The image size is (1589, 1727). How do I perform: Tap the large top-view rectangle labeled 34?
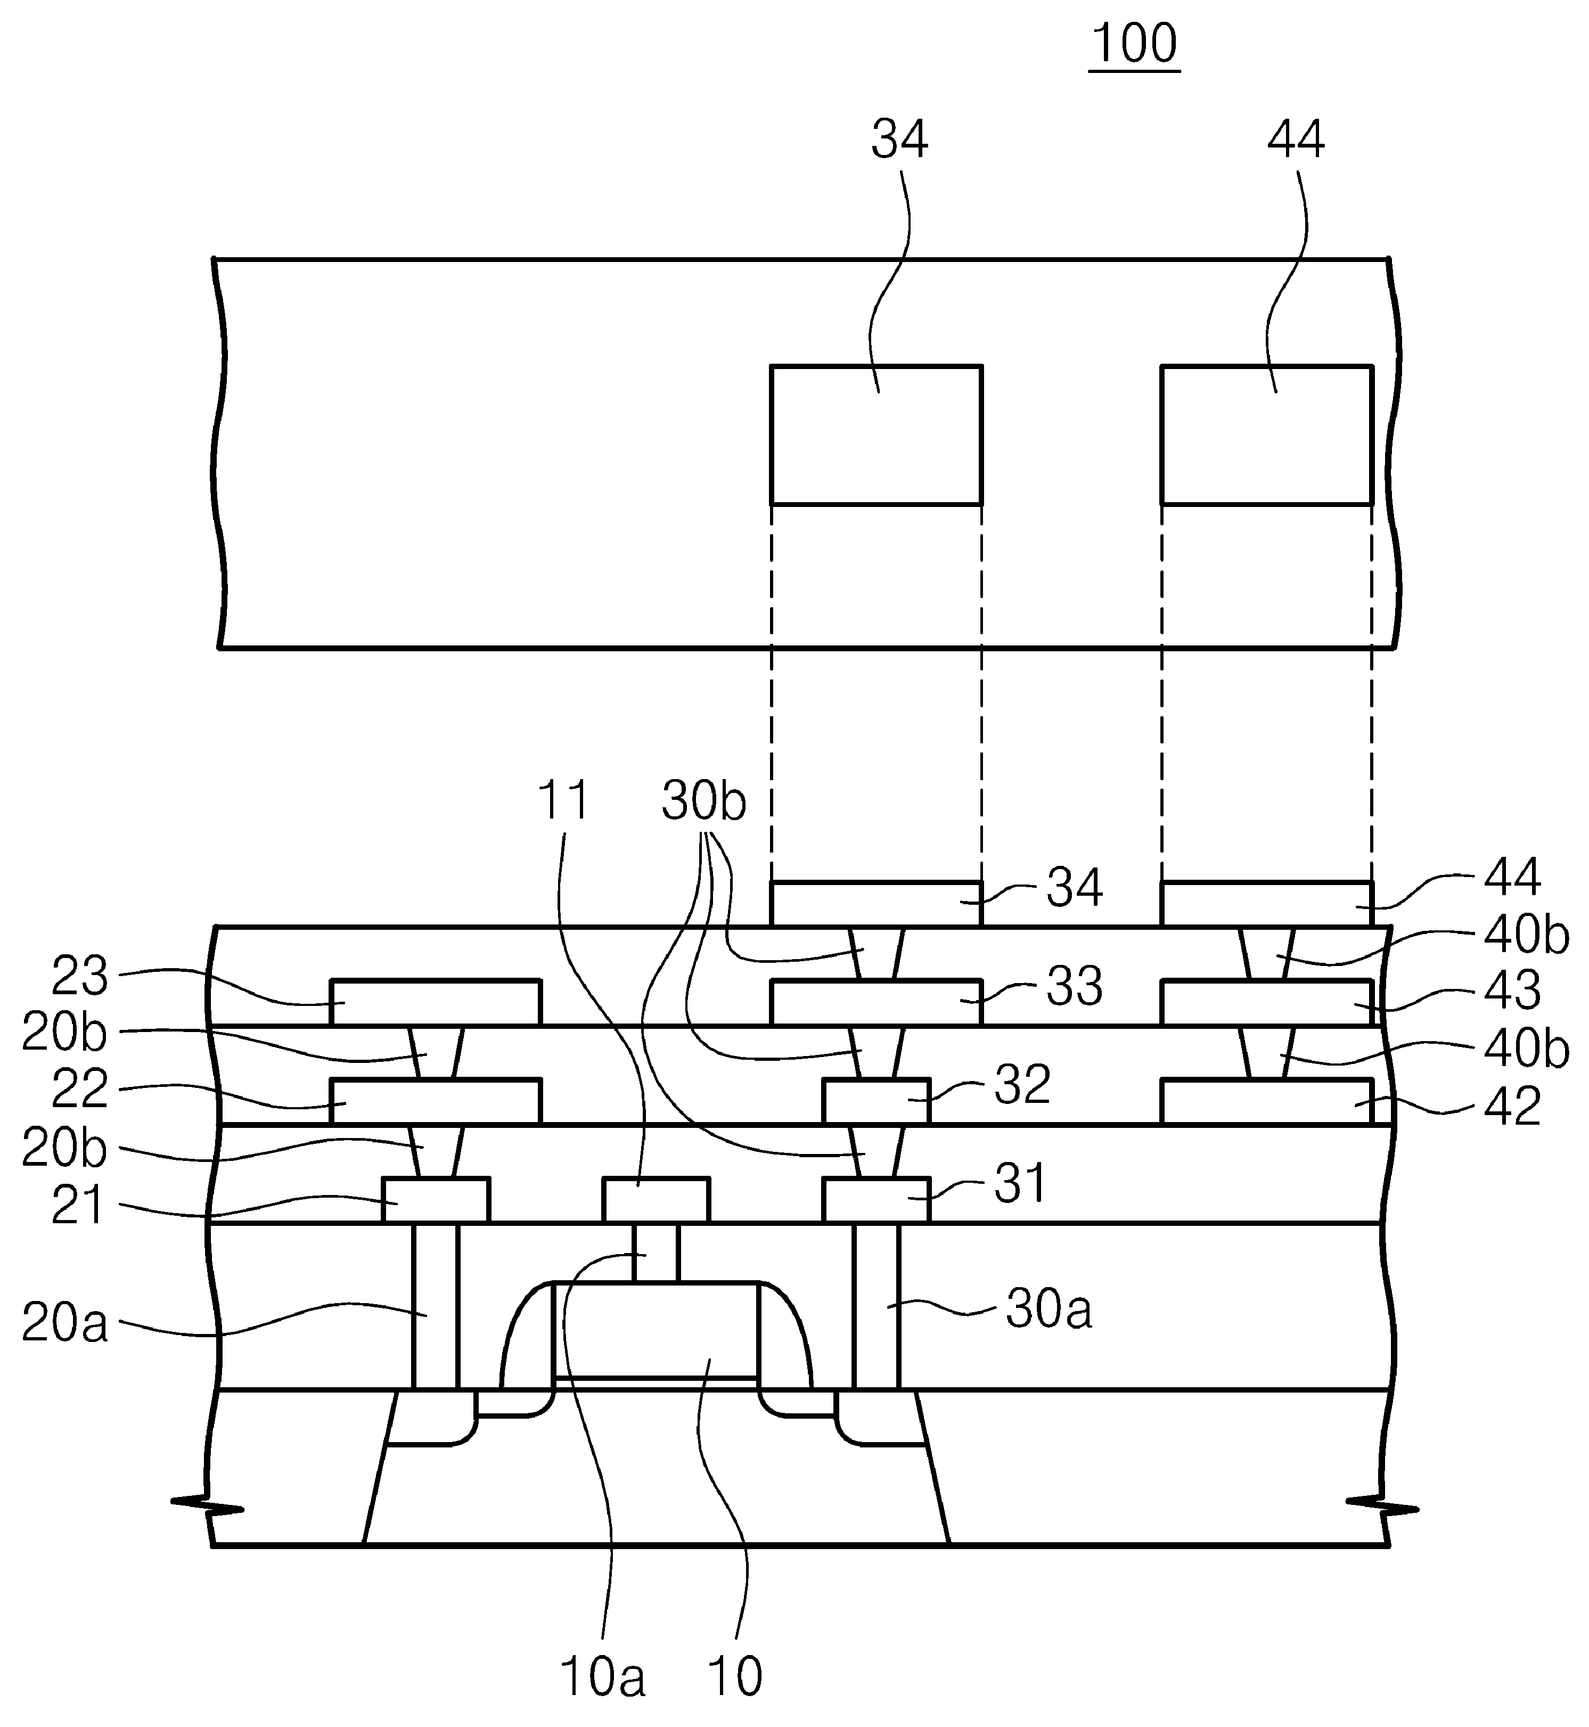(876, 435)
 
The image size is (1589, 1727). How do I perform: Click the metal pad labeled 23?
(436, 1003)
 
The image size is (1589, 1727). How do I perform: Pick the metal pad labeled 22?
(436, 1102)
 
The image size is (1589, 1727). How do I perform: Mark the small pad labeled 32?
(876, 1102)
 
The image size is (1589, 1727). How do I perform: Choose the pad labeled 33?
(876, 1003)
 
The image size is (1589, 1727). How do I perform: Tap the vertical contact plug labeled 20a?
(436, 1306)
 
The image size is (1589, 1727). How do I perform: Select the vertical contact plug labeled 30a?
(876, 1306)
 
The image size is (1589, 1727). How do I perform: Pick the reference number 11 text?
(563, 801)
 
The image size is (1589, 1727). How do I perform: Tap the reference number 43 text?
(1513, 992)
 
